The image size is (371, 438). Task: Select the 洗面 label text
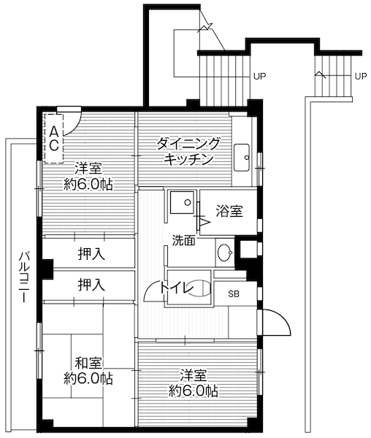(x=183, y=239)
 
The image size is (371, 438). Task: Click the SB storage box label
(x=234, y=294)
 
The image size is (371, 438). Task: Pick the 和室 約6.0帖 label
(x=88, y=370)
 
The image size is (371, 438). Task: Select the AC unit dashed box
(x=55, y=134)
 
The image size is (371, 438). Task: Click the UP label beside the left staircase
(x=259, y=75)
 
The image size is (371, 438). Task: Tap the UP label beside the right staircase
(x=360, y=75)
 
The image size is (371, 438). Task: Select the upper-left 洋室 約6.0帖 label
(x=88, y=175)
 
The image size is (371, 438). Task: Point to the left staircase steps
(x=223, y=78)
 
